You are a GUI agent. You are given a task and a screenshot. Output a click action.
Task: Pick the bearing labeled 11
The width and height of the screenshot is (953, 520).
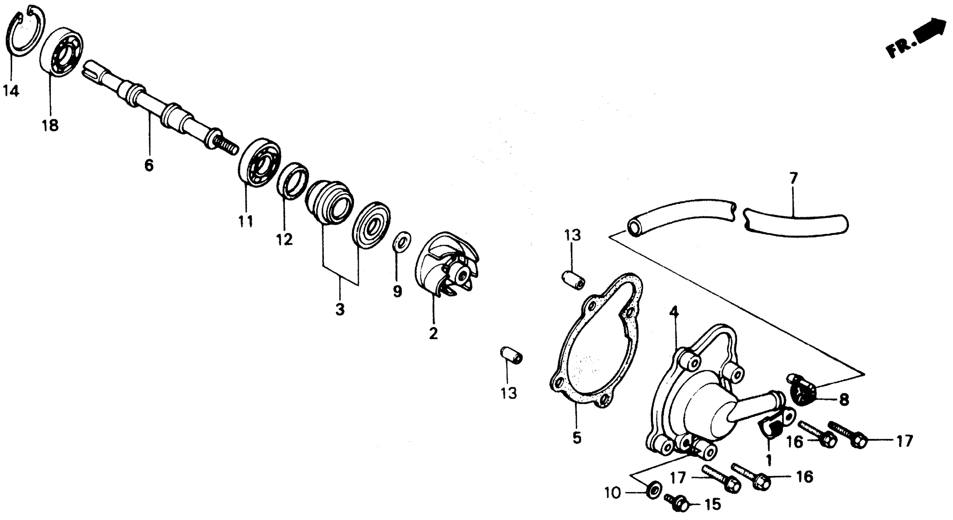[x=259, y=163]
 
